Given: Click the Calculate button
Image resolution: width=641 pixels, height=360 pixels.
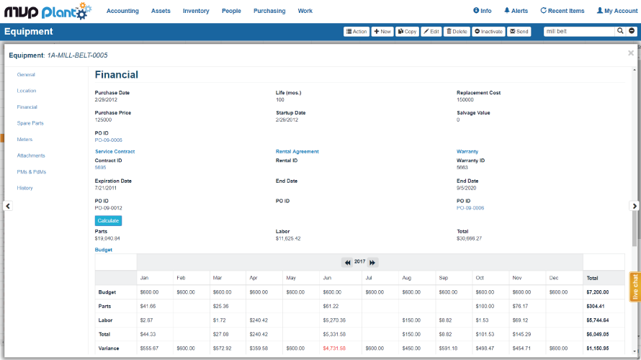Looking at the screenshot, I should [x=108, y=220].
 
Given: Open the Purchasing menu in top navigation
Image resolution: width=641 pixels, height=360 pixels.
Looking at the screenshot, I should [x=269, y=11].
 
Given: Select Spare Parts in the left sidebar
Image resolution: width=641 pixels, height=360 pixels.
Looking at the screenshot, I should [x=30, y=123].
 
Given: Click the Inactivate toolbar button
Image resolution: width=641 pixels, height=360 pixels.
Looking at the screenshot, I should [x=488, y=32].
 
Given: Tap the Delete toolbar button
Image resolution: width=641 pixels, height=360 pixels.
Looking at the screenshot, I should [x=457, y=32].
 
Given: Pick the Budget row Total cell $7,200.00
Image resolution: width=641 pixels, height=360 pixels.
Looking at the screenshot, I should [x=599, y=292].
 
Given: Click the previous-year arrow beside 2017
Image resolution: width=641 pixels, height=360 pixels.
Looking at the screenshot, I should [x=347, y=263].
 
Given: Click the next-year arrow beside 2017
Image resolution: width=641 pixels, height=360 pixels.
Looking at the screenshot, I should [x=373, y=263].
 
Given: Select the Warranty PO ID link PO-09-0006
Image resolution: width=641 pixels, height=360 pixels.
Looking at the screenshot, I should [x=470, y=207].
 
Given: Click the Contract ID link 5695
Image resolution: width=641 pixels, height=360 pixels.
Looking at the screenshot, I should [x=100, y=167].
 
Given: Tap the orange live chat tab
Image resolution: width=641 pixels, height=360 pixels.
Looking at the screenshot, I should [x=635, y=287].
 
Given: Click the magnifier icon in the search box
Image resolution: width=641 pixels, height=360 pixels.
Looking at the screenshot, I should [x=620, y=31].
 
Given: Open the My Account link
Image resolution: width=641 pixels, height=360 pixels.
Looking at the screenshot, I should [x=617, y=11].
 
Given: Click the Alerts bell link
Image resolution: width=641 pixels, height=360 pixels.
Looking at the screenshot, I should [x=516, y=11].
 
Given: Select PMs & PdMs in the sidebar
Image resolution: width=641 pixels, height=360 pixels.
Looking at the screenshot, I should [x=31, y=171].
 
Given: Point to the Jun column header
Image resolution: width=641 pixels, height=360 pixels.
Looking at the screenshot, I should [x=327, y=277].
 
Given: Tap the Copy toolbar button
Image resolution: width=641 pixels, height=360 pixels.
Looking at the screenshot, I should [x=407, y=32].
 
